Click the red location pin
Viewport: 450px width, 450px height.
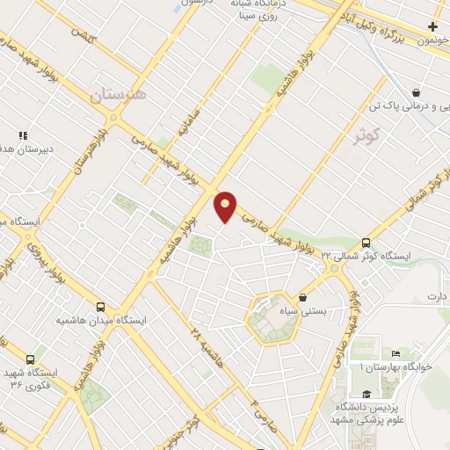pyautogui.click(x=225, y=206)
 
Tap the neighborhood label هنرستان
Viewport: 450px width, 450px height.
pyautogui.click(x=120, y=92)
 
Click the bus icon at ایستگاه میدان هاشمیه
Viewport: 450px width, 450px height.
pyautogui.click(x=101, y=308)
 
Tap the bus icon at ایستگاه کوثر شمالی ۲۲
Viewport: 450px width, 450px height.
pyautogui.click(x=367, y=243)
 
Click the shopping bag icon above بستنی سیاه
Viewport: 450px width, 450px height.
pyautogui.click(x=303, y=297)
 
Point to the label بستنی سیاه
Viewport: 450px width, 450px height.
pyautogui.click(x=320, y=311)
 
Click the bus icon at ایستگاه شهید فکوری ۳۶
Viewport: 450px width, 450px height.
pyautogui.click(x=32, y=359)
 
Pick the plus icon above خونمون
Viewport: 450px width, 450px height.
pyautogui.click(x=432, y=26)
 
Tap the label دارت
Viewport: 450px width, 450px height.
pyautogui.click(x=437, y=296)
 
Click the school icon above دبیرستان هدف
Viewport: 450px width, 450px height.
pyautogui.click(x=23, y=135)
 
